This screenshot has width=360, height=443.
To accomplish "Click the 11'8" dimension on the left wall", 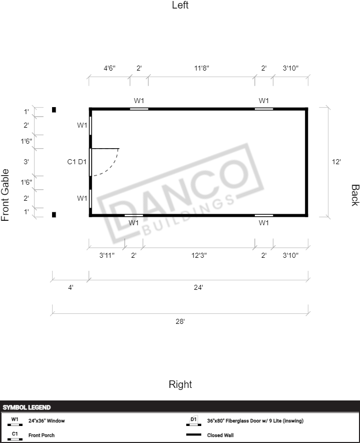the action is [x=201, y=68].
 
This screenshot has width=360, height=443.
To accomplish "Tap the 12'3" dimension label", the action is [x=199, y=255].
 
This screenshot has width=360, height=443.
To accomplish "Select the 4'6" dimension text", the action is [x=110, y=68].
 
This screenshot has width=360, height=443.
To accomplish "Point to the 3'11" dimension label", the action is [x=107, y=255].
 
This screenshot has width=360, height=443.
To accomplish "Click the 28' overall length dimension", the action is [x=180, y=321].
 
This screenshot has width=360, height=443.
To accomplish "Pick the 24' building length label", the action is [x=198, y=287].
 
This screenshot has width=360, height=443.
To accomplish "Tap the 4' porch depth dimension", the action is [x=71, y=287].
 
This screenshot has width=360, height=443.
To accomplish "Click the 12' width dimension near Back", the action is [x=336, y=162].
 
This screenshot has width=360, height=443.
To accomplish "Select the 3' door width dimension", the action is [x=26, y=162].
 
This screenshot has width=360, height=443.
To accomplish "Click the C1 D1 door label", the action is [x=77, y=162].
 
